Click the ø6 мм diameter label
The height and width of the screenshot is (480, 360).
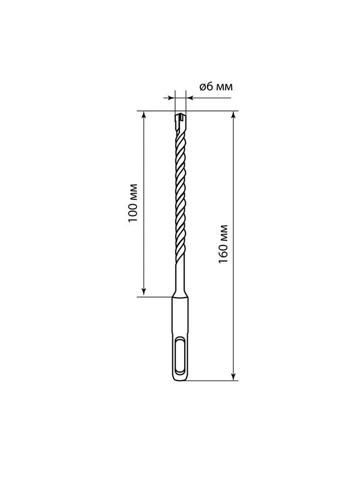click(x=216, y=86)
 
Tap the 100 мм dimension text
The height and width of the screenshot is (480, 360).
click(x=133, y=203)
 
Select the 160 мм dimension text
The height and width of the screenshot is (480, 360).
click(x=223, y=244)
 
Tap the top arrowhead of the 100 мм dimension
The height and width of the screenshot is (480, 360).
click(x=144, y=114)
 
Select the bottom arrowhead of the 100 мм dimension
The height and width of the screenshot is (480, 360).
click(x=144, y=292)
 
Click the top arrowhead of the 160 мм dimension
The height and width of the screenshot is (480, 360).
click(x=233, y=114)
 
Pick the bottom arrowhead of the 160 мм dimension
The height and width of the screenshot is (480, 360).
click(x=233, y=377)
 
